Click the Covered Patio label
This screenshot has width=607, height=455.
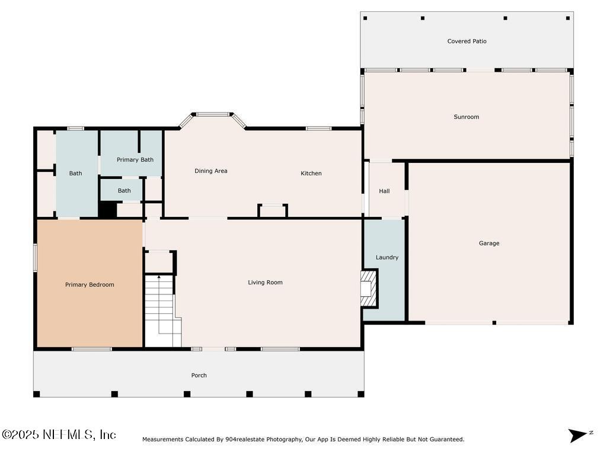[x=467, y=41]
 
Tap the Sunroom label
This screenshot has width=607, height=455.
[x=466, y=117]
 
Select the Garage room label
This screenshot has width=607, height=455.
[x=489, y=243]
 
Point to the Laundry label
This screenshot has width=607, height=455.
[x=386, y=257]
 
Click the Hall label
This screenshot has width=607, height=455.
[x=384, y=191]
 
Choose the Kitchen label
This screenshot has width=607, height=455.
[x=311, y=174]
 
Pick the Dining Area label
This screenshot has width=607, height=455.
[x=210, y=171]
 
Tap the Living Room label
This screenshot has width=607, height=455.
[x=265, y=283]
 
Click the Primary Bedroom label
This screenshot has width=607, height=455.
[x=90, y=285]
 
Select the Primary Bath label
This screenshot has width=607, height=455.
[x=135, y=160]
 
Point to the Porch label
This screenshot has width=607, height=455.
[x=199, y=375]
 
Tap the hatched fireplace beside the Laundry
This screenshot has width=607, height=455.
[x=369, y=289]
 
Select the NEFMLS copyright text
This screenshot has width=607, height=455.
[x=59, y=434]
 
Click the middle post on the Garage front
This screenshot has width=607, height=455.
[x=494, y=323]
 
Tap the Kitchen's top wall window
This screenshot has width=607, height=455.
[x=318, y=129]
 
